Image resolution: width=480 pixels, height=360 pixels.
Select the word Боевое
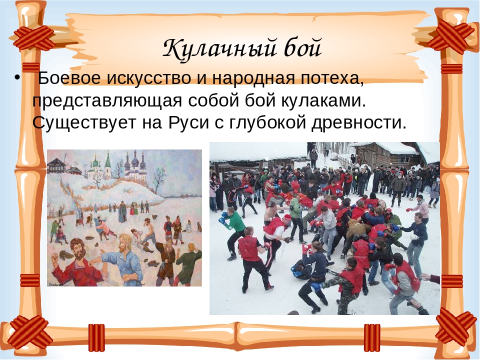click(69, 78)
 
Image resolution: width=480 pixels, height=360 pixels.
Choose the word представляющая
click(107, 101)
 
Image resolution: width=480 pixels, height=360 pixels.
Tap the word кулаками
click(323, 100)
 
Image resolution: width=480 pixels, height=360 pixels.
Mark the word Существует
click(84, 123)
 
